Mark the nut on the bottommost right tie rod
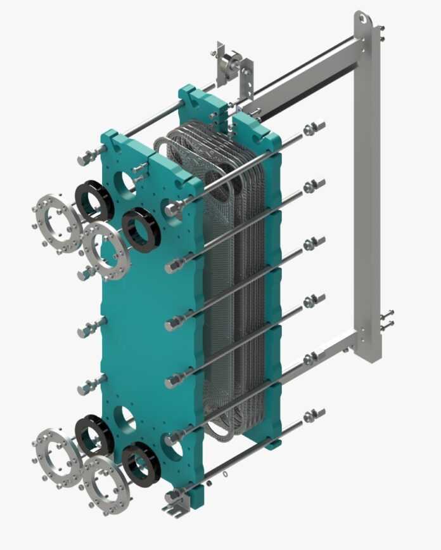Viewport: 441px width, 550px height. tap(312, 416)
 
